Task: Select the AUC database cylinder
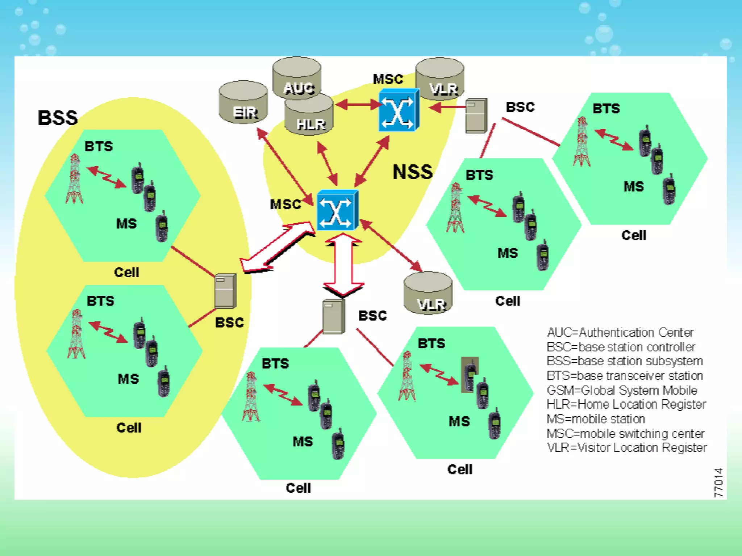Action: (x=297, y=78)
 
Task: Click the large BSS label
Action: (x=58, y=118)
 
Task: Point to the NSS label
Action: (x=413, y=172)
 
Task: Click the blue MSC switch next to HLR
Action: (x=398, y=110)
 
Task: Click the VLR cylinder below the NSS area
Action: (x=428, y=293)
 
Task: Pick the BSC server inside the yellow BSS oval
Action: (x=225, y=291)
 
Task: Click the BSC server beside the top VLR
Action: (x=476, y=115)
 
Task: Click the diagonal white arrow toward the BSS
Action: (x=277, y=248)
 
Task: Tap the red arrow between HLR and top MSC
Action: (x=358, y=105)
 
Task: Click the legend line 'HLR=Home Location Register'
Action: (x=626, y=404)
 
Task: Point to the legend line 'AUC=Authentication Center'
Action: (x=620, y=332)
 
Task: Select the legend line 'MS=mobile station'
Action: (x=596, y=419)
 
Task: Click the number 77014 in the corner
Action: (x=718, y=483)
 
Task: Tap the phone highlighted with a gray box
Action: (x=470, y=375)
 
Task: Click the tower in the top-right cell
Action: (x=582, y=142)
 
